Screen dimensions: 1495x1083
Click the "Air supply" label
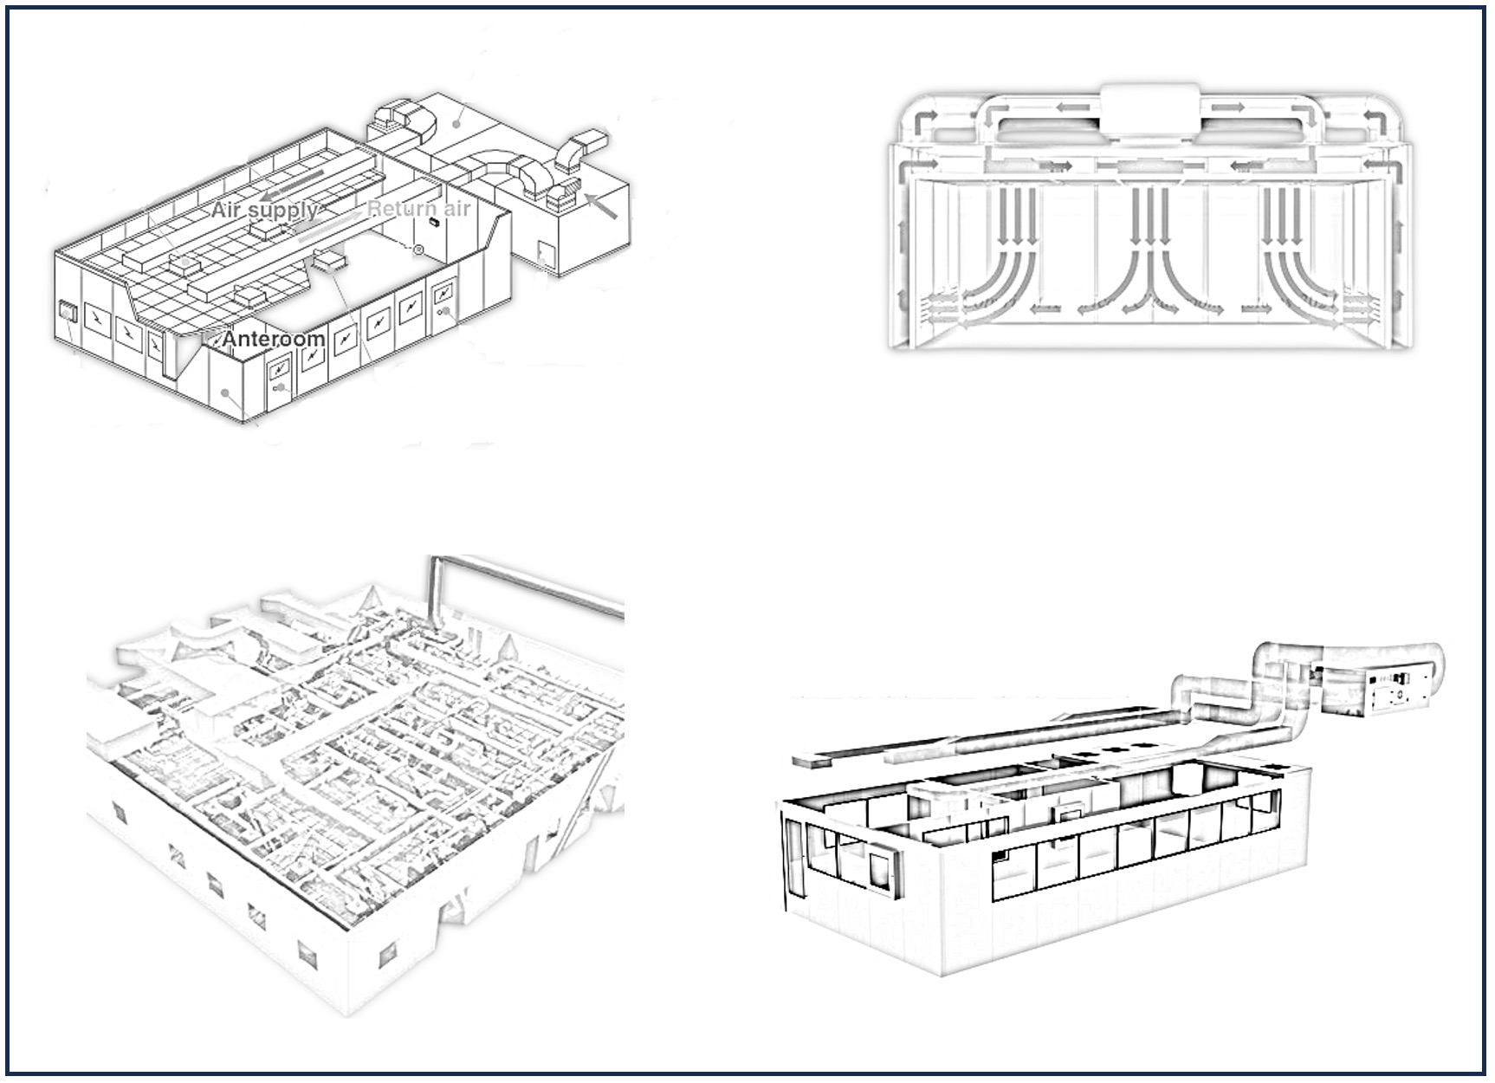point(263,210)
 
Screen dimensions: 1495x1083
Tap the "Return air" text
point(419,209)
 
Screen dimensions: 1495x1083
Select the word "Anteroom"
point(274,339)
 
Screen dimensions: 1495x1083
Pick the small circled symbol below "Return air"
point(418,250)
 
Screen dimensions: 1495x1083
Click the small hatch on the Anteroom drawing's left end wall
point(67,310)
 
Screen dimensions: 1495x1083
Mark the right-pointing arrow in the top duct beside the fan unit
point(1228,108)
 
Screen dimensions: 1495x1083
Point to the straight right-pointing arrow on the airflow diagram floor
point(1257,308)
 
